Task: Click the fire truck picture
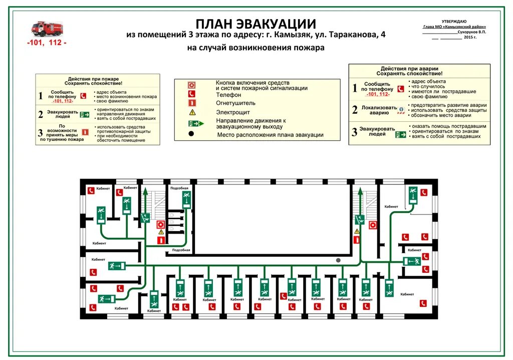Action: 47,29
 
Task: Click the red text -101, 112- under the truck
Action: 46,43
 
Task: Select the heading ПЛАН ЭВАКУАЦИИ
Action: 255,24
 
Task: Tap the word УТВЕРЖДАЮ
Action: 454,21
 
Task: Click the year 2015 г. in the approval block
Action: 470,37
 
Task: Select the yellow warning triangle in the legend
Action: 192,112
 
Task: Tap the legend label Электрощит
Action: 233,112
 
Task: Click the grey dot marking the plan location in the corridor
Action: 339,260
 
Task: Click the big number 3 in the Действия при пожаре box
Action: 41,133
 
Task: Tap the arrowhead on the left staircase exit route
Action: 145,191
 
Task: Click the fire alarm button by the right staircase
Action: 373,225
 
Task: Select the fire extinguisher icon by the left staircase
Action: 161,240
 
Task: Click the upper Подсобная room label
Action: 180,188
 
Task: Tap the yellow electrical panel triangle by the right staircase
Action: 357,232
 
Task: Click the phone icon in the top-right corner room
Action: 424,192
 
